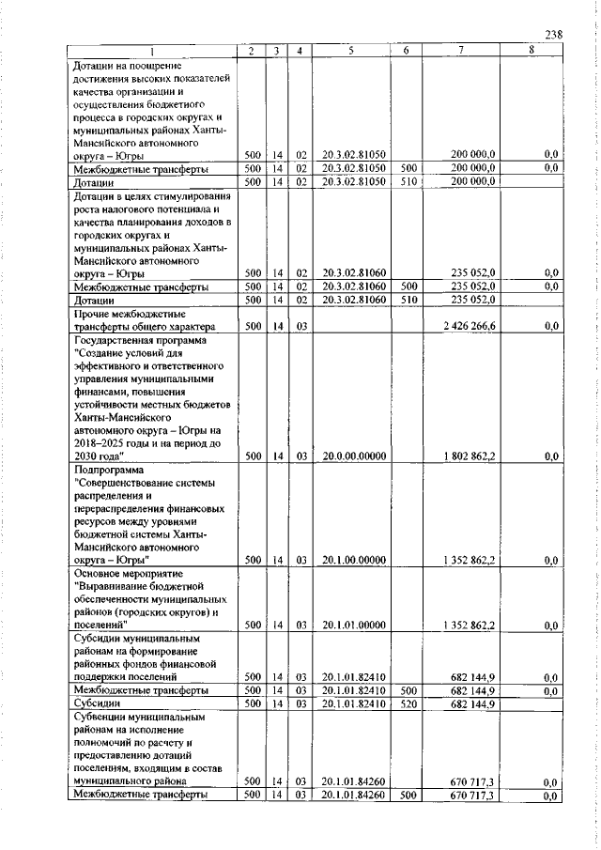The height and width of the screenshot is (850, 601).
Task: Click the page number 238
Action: [552, 35]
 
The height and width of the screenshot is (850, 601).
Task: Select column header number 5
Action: [348, 51]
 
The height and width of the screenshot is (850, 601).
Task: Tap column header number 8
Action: [531, 51]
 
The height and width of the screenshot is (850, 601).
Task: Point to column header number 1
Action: [152, 51]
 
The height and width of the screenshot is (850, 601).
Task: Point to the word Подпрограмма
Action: [106, 469]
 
